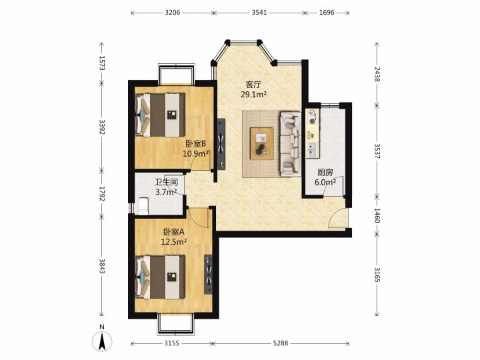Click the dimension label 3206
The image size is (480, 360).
click(x=173, y=13)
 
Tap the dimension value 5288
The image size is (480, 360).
click(x=281, y=343)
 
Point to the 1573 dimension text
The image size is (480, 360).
click(x=102, y=63)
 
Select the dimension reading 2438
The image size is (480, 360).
click(x=377, y=75)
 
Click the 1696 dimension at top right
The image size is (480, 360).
click(x=327, y=13)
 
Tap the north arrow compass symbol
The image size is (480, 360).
click(x=102, y=341)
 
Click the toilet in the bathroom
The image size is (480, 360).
click(x=143, y=205)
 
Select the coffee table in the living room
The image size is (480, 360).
click(x=262, y=143)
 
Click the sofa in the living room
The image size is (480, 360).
click(x=290, y=144)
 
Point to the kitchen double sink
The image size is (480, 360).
click(x=312, y=149)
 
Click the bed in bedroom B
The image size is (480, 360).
click(x=160, y=115)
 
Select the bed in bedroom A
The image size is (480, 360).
click(x=160, y=277)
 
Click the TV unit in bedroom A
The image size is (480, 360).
click(x=209, y=274)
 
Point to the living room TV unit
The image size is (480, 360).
click(x=221, y=143)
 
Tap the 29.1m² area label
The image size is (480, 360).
click(x=253, y=94)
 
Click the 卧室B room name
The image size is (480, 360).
click(x=195, y=143)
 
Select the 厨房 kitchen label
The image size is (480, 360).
click(x=325, y=173)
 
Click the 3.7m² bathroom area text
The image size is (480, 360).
click(x=166, y=192)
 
